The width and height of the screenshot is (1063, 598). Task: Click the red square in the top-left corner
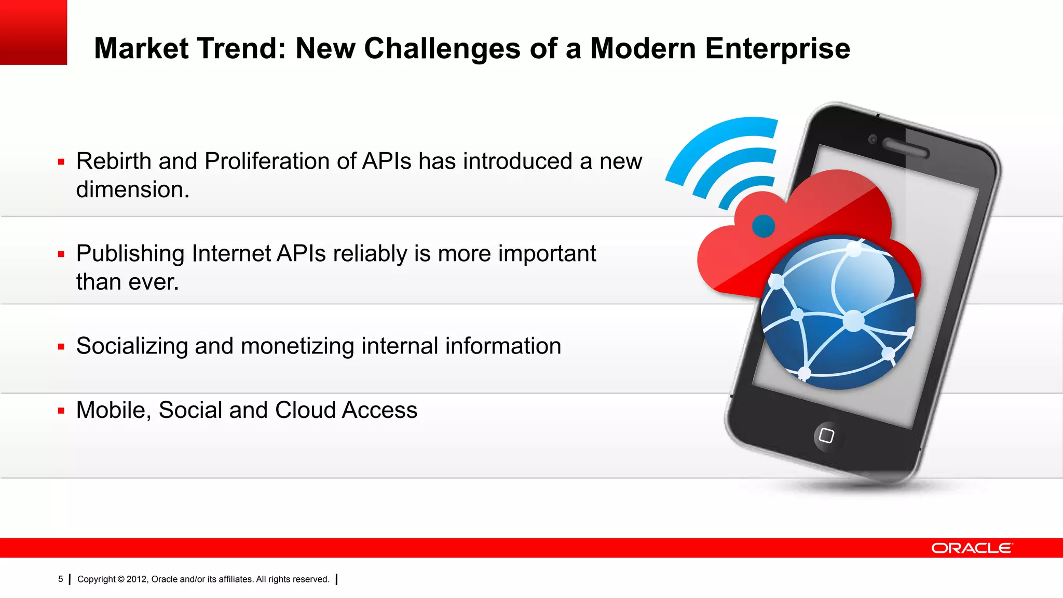33,32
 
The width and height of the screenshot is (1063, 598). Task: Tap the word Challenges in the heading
442,48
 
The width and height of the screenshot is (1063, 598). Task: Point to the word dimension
132,189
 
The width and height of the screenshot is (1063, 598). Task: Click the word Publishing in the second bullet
130,254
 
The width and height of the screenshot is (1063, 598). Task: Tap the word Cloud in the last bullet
305,410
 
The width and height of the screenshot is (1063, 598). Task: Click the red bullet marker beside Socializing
61,347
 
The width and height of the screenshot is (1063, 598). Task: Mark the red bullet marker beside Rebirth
61,162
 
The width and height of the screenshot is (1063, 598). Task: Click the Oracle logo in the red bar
972,548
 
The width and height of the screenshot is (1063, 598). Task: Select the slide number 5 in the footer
60,579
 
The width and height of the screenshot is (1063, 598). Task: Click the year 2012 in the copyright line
137,579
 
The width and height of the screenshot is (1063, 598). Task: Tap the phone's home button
826,436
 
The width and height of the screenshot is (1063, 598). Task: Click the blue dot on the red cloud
764,226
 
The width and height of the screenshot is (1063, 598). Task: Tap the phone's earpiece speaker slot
906,148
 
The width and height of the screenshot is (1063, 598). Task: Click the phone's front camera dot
873,139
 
